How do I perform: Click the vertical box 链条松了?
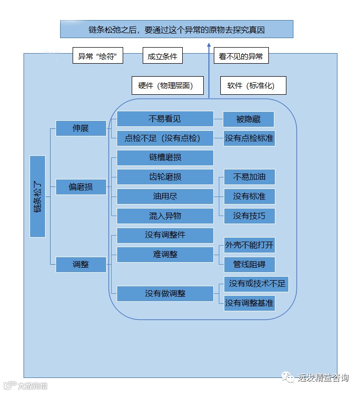pos(38,197)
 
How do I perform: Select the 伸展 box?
pos(81,128)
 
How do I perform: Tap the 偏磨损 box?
pos(81,187)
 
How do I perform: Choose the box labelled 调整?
pos(81,264)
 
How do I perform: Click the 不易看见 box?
pos(165,119)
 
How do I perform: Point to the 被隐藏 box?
pos(248,119)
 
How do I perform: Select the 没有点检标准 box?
pos(249,138)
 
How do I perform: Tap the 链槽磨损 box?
pos(165,157)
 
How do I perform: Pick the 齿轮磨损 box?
pos(165,177)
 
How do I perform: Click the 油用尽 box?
pos(165,197)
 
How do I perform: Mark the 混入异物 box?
pos(165,216)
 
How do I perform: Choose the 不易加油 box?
pos(249,177)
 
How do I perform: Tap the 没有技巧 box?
pos(249,216)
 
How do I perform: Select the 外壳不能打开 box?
pos(249,245)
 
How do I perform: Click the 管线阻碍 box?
pos(249,264)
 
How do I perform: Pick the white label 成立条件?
pos(162,56)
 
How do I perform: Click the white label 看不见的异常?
pos(241,56)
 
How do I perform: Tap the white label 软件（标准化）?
pos(254,86)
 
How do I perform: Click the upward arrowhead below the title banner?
pos(209,45)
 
